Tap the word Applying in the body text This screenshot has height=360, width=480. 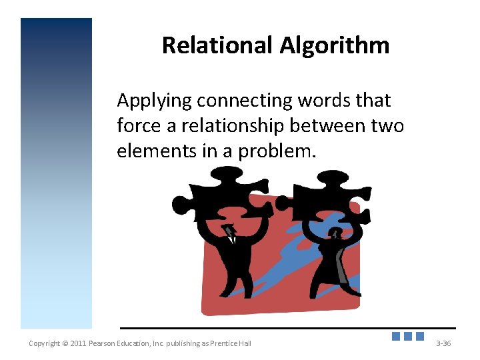[x=154, y=101]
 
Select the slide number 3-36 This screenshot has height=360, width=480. [x=443, y=343]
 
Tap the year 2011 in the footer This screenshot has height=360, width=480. [x=79, y=343]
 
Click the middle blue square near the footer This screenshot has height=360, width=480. [x=408, y=336]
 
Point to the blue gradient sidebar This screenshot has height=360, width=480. [x=56, y=173]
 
